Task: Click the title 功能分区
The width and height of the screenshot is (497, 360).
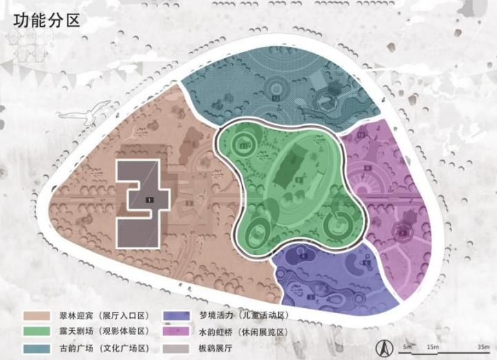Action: pyautogui.click(x=46, y=19)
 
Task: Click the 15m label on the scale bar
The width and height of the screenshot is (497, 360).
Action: pyautogui.click(x=433, y=345)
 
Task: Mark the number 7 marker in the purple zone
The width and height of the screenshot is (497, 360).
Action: pyautogui.click(x=401, y=232)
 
